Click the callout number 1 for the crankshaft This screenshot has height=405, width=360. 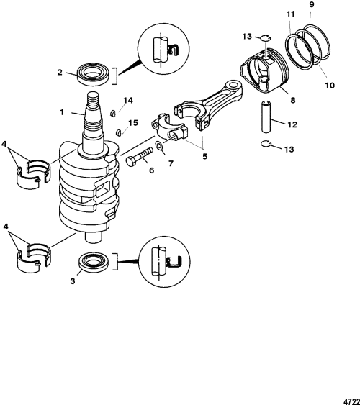point(61,112)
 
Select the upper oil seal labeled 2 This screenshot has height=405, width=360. point(93,74)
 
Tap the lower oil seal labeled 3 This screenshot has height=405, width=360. point(94,263)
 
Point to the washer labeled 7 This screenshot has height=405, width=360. point(159,146)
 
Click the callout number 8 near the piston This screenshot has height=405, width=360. point(293,100)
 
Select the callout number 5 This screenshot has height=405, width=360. point(204,156)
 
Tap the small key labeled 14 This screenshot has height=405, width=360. point(112,113)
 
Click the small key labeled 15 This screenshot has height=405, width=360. point(118,132)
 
